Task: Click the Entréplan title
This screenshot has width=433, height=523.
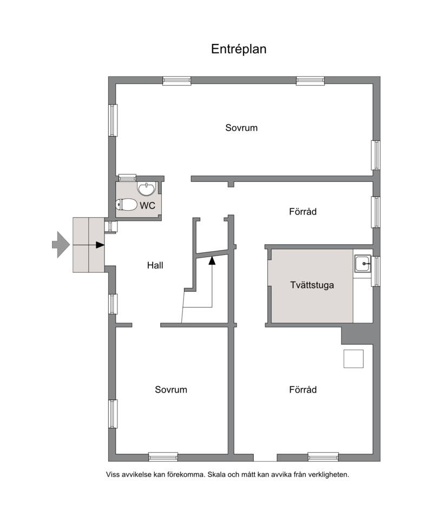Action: (239, 49)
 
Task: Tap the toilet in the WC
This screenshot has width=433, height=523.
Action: (126, 205)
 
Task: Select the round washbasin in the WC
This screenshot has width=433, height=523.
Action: (147, 189)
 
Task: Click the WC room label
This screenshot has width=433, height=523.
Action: (147, 206)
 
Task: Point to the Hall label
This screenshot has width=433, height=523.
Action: (155, 265)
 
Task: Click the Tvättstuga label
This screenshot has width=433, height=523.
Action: (312, 285)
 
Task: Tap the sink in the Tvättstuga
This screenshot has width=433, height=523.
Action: (363, 264)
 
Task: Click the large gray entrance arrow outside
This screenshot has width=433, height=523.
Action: (61, 245)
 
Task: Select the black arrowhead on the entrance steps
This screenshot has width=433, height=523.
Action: (100, 245)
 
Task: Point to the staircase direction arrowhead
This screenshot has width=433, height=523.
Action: (212, 260)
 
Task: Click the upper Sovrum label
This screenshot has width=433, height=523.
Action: (241, 128)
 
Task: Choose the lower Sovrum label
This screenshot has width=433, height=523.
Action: (171, 390)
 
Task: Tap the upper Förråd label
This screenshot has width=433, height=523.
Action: (303, 212)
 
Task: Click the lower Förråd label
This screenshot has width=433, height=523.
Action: (303, 390)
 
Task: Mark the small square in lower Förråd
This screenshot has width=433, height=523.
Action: (353, 358)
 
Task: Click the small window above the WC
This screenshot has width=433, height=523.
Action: (127, 178)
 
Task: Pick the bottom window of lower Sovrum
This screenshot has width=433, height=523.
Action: (163, 456)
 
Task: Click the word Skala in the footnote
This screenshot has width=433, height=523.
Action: (216, 474)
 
